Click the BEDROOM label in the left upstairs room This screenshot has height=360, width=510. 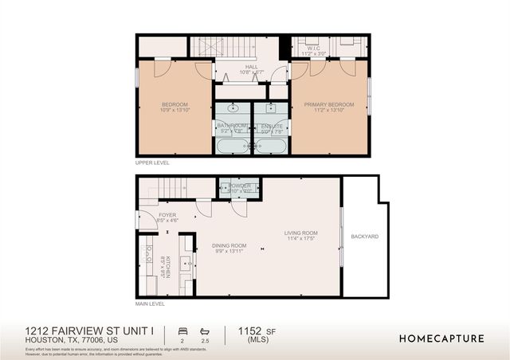pyautogui.click(x=175, y=104)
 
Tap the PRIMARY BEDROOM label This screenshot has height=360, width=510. pyautogui.click(x=331, y=104)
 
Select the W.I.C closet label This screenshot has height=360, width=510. pyautogui.click(x=313, y=48)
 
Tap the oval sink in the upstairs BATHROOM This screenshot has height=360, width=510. pyautogui.click(x=233, y=107)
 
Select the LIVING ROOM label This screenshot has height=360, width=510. pyautogui.click(x=302, y=233)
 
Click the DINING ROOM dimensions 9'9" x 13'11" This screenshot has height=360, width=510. pyautogui.click(x=229, y=251)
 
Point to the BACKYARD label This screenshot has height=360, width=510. pyautogui.click(x=365, y=237)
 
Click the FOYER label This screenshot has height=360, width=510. pyautogui.click(x=167, y=214)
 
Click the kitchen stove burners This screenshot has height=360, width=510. pyautogui.click(x=148, y=255)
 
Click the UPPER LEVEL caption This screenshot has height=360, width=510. pyautogui.click(x=151, y=162)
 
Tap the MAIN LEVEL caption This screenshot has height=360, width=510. pyautogui.click(x=150, y=303)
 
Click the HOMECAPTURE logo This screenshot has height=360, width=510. pyautogui.click(x=441, y=338)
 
